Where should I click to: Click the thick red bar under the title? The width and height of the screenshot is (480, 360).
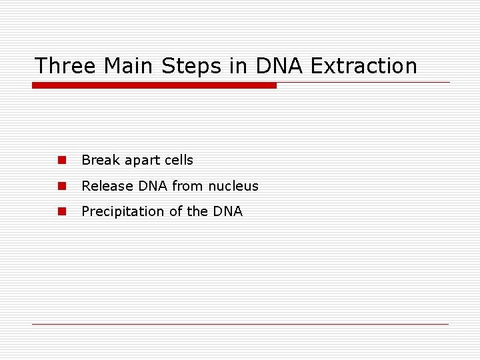tap(154, 85)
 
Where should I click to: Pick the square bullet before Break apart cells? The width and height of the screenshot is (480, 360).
tap(61, 160)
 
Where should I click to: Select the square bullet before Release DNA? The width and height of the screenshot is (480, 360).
tap(61, 186)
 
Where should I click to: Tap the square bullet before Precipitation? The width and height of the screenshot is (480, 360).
tap(61, 211)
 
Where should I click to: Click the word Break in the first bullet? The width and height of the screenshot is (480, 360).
tap(101, 160)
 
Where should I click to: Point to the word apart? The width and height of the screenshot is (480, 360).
tap(143, 161)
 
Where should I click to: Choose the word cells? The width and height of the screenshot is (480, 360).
tap(179, 160)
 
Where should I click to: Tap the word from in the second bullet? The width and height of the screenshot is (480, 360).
tap(187, 186)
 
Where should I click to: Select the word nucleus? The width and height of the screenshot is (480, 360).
tap(233, 186)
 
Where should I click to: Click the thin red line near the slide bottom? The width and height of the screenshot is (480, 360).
tap(240, 324)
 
